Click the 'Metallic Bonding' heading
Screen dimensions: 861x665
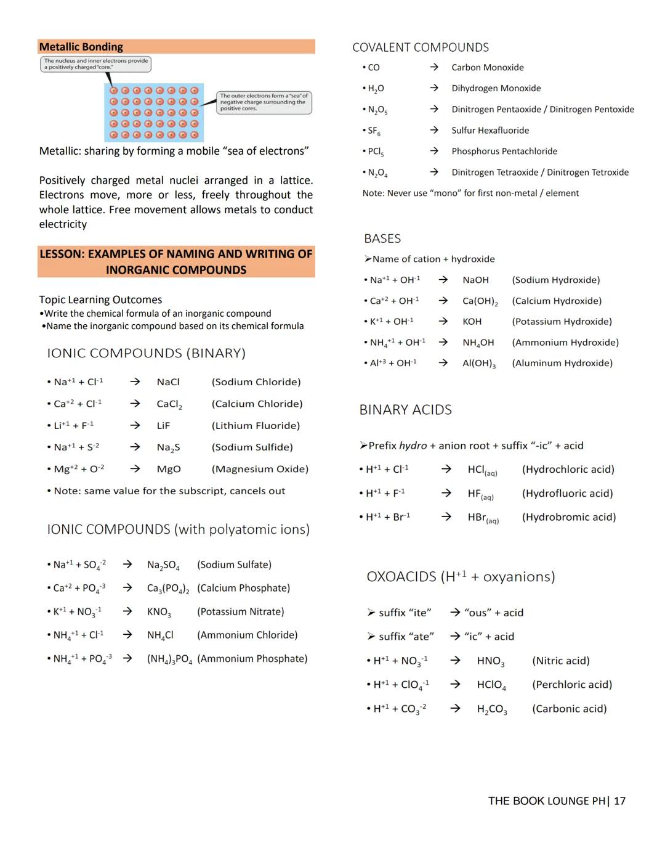[81, 47]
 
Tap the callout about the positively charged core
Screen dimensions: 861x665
[96, 64]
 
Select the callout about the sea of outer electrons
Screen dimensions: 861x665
[264, 102]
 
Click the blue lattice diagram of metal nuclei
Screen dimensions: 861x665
[154, 112]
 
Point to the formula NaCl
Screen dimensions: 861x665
[168, 382]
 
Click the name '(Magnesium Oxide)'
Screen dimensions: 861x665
[260, 469]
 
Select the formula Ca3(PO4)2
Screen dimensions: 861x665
[168, 589]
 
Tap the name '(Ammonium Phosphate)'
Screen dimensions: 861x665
[252, 659]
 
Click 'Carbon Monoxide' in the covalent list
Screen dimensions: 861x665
[488, 68]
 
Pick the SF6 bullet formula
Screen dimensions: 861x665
[374, 131]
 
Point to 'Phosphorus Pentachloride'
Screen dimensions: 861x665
[504, 152]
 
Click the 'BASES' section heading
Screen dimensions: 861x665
[382, 239]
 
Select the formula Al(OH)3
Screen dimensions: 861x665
[479, 364]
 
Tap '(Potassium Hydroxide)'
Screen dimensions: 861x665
[562, 322]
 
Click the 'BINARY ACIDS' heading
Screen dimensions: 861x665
[406, 410]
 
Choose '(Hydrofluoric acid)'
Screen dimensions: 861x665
[567, 494]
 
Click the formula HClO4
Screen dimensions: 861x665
[491, 685]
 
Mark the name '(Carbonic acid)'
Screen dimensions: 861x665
[570, 709]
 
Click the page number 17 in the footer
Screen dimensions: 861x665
[619, 801]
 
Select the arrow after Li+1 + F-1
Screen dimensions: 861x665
[135, 425]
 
